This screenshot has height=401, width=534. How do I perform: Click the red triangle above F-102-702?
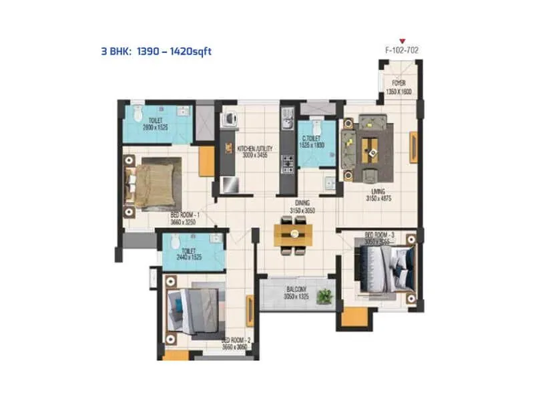pos(402,41)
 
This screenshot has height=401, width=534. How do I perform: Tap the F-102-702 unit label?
pos(402,50)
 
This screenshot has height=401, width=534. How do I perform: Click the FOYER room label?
pos(398,84)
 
